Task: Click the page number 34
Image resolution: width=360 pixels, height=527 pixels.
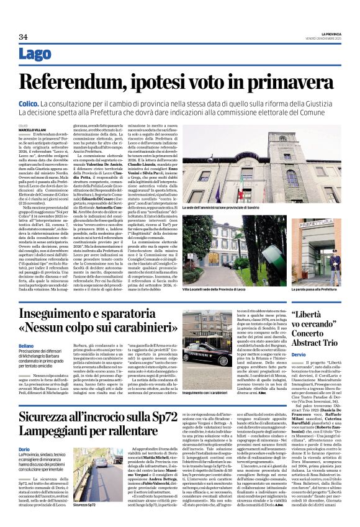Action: pyautogui.click(x=24, y=37)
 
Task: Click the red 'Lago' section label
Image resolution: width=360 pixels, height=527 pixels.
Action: pyautogui.click(x=35, y=54)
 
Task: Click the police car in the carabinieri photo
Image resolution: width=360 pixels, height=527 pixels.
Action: pyautogui.click(x=206, y=354)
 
